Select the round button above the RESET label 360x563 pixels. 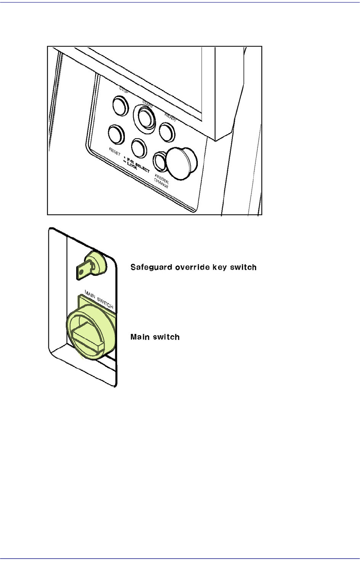116,134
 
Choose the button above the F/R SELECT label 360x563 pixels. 139,148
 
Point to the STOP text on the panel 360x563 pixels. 124,89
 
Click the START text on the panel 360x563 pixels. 148,103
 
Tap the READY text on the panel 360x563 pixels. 170,116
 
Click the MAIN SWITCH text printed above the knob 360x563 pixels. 99,300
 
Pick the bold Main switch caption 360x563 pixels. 155,337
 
